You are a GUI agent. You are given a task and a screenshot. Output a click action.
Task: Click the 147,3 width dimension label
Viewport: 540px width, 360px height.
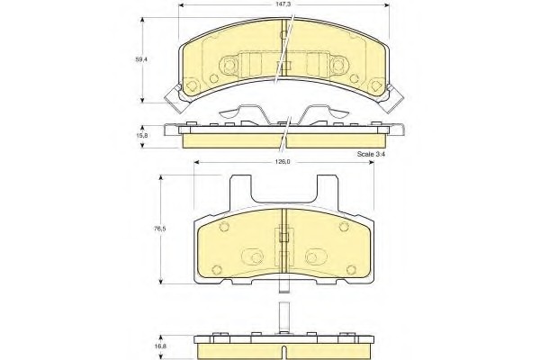pos(283,4)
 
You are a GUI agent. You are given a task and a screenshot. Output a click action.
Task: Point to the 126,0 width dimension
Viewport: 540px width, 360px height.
pos(283,162)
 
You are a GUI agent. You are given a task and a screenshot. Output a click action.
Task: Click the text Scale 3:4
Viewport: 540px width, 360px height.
pos(371,154)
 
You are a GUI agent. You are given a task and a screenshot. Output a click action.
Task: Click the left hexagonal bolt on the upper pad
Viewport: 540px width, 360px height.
pos(229,65)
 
